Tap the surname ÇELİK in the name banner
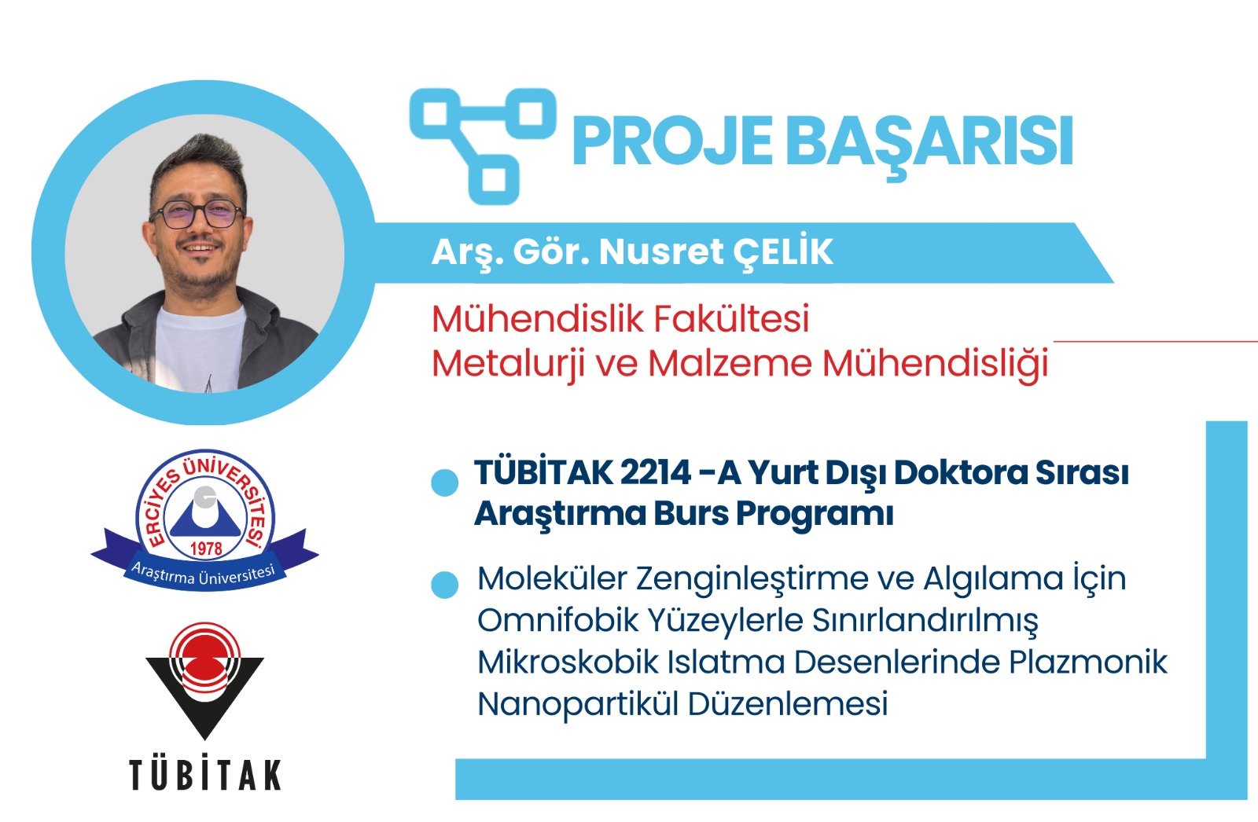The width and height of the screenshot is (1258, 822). point(783,251)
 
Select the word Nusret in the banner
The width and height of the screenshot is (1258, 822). point(661,252)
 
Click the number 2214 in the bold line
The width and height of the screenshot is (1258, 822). point(655,472)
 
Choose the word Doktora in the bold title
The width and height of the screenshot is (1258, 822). point(959,472)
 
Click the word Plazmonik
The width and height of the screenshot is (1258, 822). point(1088,662)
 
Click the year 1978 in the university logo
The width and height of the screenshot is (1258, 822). point(206,548)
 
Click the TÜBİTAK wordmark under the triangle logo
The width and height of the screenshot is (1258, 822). point(205,774)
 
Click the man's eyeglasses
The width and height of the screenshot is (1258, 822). point(196,214)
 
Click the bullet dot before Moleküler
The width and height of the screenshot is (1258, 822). point(445,585)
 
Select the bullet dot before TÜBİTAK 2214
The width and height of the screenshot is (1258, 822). point(445,483)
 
